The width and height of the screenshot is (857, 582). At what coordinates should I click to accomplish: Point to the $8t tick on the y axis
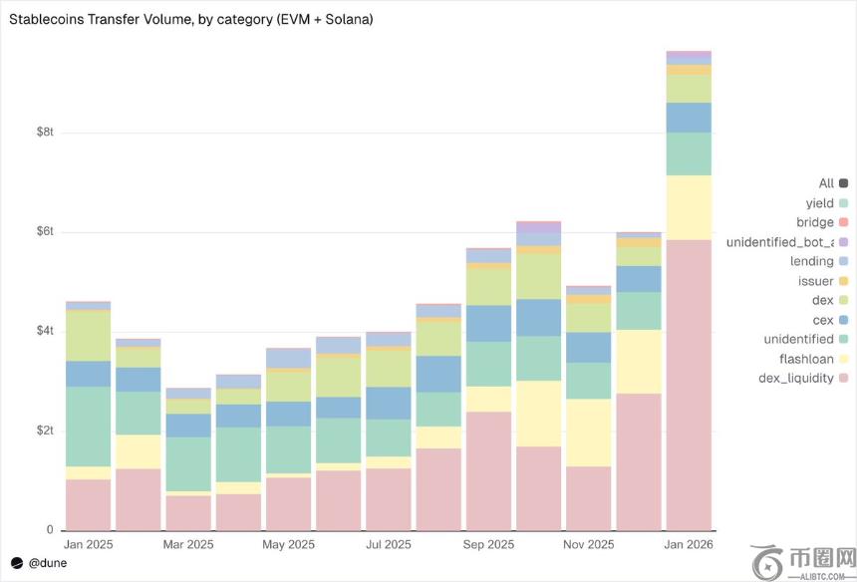click(44, 133)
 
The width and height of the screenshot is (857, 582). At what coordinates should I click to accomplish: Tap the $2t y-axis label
click(44, 431)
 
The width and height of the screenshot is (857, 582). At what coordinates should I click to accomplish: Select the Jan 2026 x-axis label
click(689, 545)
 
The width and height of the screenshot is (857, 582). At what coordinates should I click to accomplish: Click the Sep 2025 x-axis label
click(488, 545)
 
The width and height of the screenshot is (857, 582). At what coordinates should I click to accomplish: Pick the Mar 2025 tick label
click(187, 545)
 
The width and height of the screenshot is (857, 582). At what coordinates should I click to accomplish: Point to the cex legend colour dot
click(843, 320)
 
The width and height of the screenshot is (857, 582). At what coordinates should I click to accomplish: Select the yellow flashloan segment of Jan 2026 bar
click(689, 207)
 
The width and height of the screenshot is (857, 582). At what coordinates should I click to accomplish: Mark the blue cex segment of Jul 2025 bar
click(389, 403)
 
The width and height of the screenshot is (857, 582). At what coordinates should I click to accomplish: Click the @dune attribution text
click(47, 563)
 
